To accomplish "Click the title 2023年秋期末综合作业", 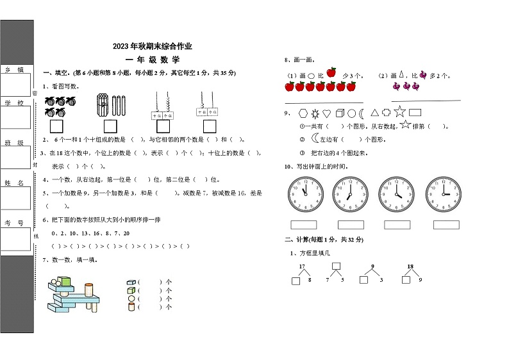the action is click(152, 46).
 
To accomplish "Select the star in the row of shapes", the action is click(399, 112).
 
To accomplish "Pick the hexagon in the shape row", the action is click(303, 113).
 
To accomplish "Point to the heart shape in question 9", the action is click(326, 113).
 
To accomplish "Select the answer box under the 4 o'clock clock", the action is click(397, 225).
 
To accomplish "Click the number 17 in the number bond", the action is click(301, 266).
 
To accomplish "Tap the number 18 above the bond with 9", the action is click(410, 266).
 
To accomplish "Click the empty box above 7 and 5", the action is click(336, 266).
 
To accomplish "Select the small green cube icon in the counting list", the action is click(131, 290).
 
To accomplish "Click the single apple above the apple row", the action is click(331, 72).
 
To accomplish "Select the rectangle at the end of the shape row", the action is click(415, 113).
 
